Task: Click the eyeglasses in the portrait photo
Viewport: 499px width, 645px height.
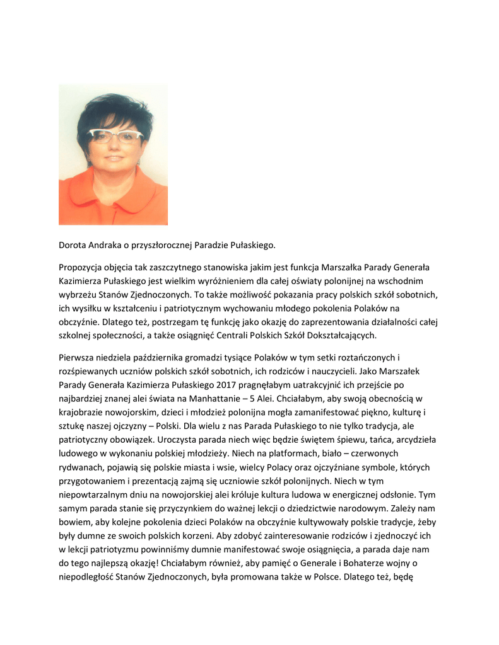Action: pos(115,135)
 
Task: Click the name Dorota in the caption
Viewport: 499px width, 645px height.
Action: pos(73,244)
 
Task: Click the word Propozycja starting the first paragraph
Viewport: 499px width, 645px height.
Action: pos(83,268)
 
